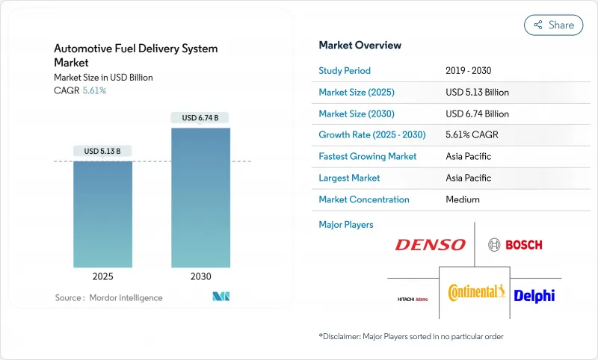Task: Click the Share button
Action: [553, 25]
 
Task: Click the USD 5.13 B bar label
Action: [103, 151]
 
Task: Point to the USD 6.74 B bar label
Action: [200, 117]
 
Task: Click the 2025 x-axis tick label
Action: [103, 276]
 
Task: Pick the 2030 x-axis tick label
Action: [200, 276]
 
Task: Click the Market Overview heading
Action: [360, 45]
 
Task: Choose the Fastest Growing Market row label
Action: [367, 157]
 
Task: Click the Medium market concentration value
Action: [462, 199]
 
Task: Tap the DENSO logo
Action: [430, 244]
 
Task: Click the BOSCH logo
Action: [515, 244]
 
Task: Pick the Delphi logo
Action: [534, 296]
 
